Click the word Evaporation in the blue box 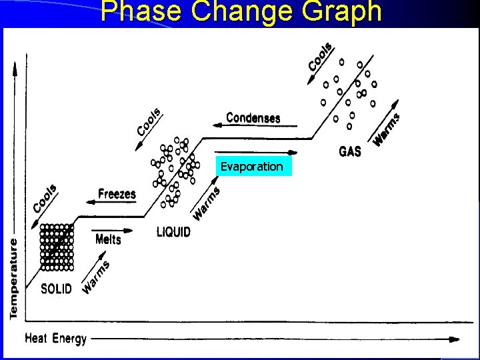(252, 167)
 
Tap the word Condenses (253, 118)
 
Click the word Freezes (117, 194)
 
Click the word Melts (108, 239)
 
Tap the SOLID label (56, 289)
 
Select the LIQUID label (173, 232)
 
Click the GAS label (350, 151)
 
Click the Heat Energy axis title (56, 339)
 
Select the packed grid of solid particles (57, 247)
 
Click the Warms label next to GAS (387, 129)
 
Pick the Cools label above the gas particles (321, 57)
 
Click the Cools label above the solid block (45, 197)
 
